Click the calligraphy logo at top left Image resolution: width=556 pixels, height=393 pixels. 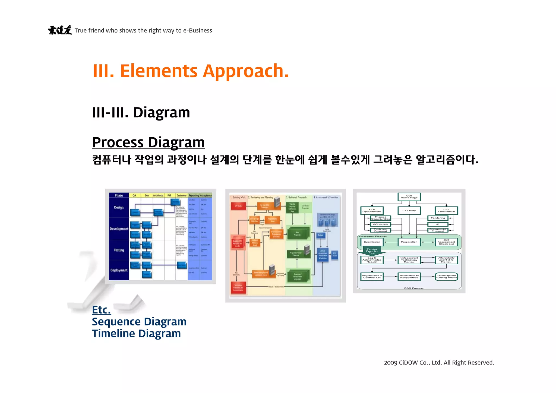click(60, 30)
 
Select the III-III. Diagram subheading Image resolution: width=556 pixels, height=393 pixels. click(141, 112)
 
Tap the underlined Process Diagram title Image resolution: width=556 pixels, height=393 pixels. click(148, 142)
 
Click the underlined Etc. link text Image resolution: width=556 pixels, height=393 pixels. click(101, 310)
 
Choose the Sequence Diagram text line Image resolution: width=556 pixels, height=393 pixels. click(139, 322)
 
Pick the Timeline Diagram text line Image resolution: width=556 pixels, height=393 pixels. click(136, 334)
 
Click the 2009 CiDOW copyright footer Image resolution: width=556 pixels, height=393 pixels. click(439, 363)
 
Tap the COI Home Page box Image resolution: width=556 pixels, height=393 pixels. click(409, 197)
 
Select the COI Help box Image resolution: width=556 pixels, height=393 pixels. click(409, 210)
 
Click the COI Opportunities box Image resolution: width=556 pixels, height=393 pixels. click(372, 210)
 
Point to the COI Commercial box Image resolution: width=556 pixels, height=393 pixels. click(446, 210)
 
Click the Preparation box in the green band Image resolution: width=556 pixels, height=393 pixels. click(409, 242)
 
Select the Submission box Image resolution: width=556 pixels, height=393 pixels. click(372, 242)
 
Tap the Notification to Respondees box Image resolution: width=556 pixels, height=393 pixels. click(409, 277)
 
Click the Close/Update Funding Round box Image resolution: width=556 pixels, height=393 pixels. click(446, 277)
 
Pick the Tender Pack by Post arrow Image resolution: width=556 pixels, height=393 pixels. click(372, 251)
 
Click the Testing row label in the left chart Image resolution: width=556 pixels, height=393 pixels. click(119, 250)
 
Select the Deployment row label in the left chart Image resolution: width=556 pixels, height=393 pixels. click(119, 270)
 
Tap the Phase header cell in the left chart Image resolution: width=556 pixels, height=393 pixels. click(119, 195)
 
